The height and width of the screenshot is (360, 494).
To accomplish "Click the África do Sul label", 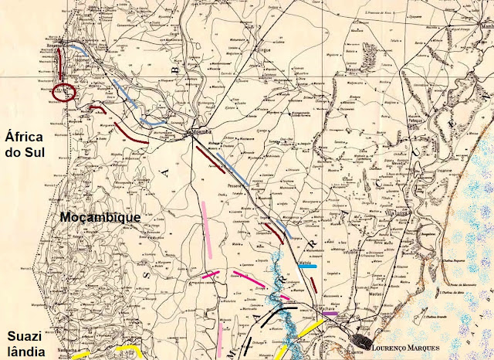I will pos(25,144).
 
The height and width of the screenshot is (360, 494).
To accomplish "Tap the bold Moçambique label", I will pos(100,217).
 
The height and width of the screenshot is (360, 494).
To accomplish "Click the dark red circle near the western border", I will pos(63,93).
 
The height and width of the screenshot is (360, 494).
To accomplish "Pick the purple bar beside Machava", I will pos(330,314).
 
